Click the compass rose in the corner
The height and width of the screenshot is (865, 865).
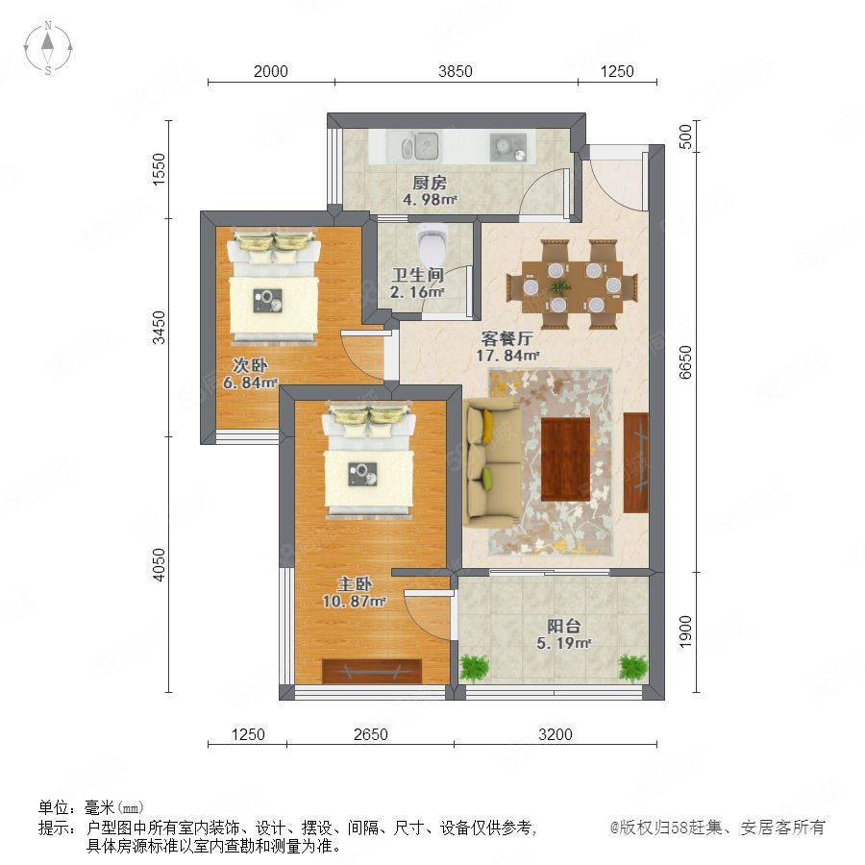48,48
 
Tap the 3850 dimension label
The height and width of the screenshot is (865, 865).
456,72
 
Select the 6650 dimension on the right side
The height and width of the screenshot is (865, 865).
685,362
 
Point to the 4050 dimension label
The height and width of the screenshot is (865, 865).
159,564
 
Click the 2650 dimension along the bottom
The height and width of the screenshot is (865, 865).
371,734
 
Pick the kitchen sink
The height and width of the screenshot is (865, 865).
420,146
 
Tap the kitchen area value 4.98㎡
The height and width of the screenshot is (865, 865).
430,199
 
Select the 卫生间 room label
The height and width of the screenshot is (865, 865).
418,275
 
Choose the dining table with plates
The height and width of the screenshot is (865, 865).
572,284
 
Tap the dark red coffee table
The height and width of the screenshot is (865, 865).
565,459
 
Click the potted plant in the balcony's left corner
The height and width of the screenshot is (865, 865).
474,668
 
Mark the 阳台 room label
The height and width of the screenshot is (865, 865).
564,626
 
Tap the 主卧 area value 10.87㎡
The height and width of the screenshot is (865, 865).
354,601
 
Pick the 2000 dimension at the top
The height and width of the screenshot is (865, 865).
271,72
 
